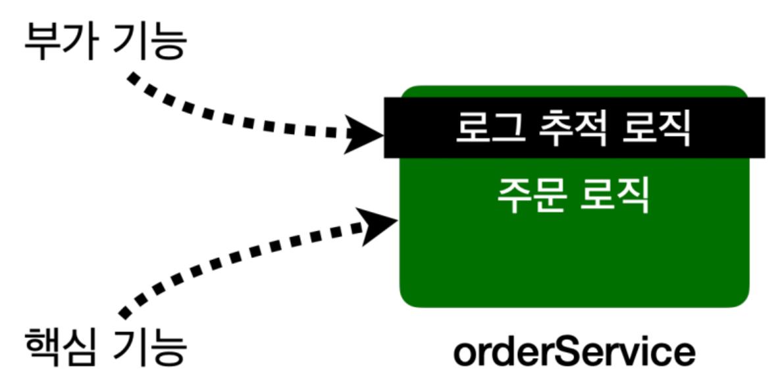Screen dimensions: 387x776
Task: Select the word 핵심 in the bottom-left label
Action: click(x=57, y=346)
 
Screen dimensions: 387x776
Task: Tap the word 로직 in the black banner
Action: click(x=656, y=128)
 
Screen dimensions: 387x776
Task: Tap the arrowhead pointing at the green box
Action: click(x=379, y=225)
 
